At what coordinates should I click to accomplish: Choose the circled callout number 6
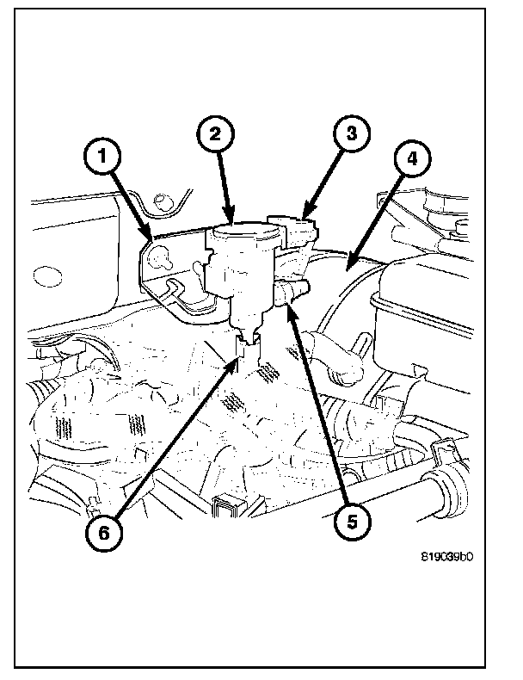click(x=103, y=531)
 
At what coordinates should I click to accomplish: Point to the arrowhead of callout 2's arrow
click(x=230, y=220)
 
